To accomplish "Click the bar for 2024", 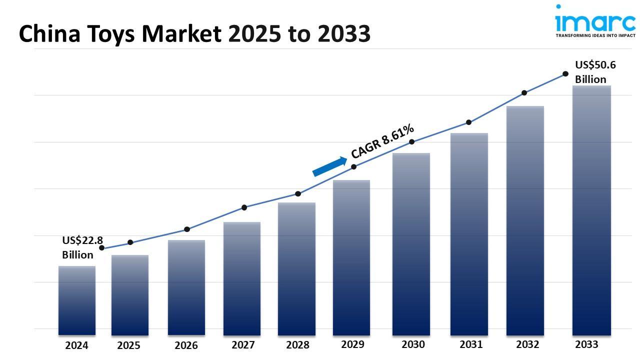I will (77, 300).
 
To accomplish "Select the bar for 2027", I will (242, 278).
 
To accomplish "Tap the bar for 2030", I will (411, 244).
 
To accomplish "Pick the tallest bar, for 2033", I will (591, 210).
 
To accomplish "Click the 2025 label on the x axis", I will (128, 345).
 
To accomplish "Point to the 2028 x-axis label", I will (297, 345).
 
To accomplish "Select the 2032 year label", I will (527, 344).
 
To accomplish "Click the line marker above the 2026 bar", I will (187, 229).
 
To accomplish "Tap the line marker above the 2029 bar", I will (354, 166).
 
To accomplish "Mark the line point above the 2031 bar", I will (469, 122).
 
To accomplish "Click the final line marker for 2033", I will (565, 74).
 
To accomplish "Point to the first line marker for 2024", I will (102, 248).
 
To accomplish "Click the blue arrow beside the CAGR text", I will (329, 166).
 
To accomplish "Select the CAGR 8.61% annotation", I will (382, 141).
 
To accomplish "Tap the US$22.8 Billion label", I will (82, 248).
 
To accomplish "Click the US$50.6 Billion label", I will (595, 72).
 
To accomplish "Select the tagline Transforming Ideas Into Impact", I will (595, 36).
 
